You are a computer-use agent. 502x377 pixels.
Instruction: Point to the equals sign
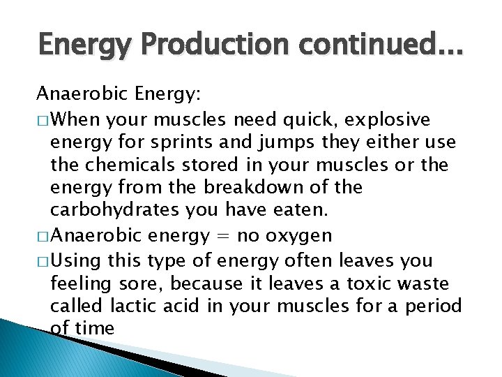tap(218, 237)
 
